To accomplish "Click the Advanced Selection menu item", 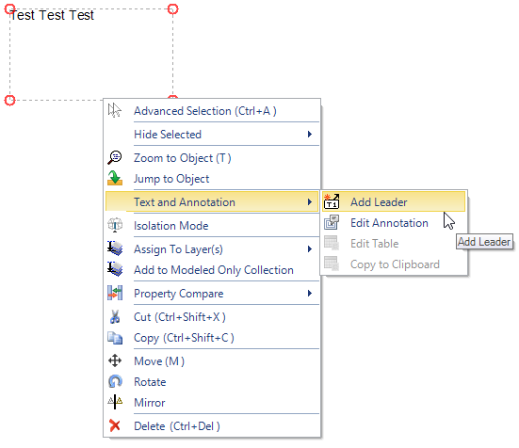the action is (x=205, y=111).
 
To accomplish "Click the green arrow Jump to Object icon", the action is (x=115, y=178).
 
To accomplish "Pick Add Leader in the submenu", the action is (x=379, y=202).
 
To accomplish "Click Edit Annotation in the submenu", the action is (x=389, y=223).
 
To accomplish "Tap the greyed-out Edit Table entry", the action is (x=374, y=244).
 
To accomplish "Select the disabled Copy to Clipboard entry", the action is (x=395, y=264).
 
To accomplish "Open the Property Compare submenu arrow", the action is (x=310, y=294).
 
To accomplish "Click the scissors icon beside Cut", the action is (x=115, y=317).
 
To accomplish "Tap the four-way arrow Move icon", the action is (x=115, y=360).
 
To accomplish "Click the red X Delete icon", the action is (x=115, y=425).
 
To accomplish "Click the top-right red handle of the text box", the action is (x=172, y=8).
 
